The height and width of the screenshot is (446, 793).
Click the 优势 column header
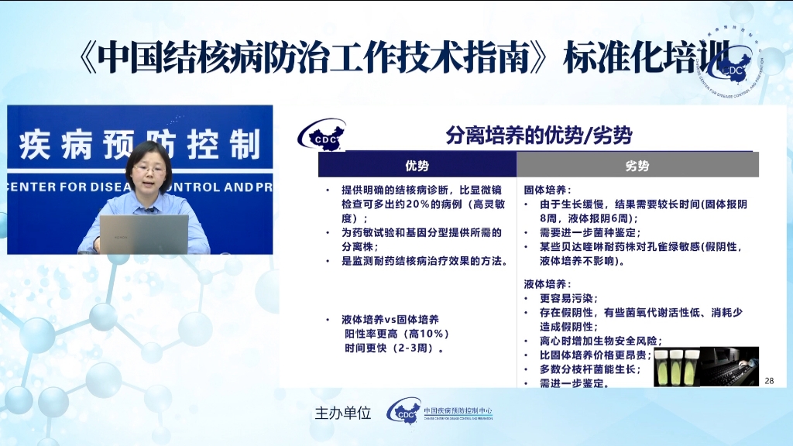point(417,165)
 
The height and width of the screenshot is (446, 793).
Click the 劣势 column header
point(637,165)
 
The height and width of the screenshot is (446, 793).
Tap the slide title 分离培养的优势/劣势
point(539,136)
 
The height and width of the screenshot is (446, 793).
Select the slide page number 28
point(769,380)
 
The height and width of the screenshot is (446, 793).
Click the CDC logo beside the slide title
point(321,136)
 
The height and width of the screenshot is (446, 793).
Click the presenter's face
point(149,162)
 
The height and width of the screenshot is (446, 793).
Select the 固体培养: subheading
point(548,190)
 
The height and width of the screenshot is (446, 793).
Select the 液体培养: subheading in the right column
point(548,284)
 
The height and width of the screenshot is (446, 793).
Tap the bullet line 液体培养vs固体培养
point(390,320)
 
